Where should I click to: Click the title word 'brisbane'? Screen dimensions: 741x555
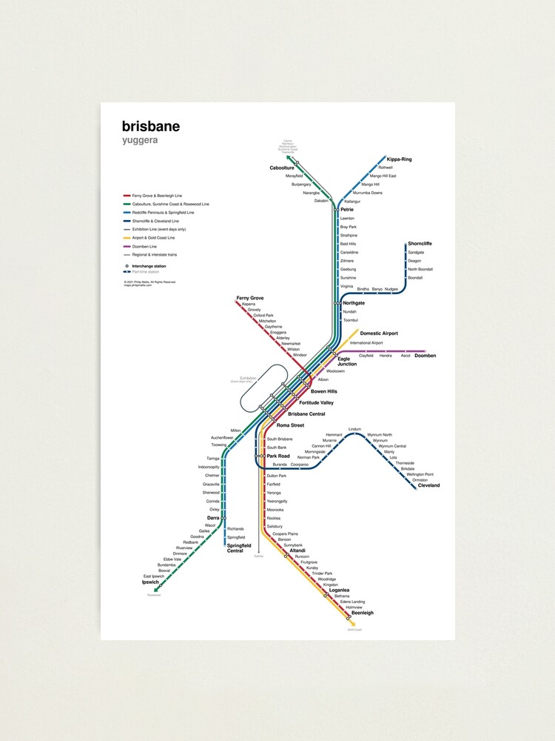coord(150,126)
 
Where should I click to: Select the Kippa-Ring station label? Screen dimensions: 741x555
coord(400,159)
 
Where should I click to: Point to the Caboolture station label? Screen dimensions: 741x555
coord(281,168)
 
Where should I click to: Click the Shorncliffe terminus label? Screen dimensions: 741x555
coord(420,244)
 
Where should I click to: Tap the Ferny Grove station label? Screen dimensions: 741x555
coord(250,298)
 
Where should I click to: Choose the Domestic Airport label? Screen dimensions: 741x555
coord(379,333)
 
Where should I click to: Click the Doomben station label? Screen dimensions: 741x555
coord(425,356)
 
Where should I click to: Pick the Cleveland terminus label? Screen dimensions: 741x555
coord(428,485)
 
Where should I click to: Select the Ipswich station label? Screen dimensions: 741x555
coord(150,582)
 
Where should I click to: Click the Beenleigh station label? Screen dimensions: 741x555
coord(362,613)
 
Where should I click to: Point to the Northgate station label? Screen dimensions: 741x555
coord(354,303)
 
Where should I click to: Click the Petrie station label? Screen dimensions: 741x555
coord(347,210)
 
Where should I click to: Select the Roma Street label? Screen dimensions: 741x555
coord(290,425)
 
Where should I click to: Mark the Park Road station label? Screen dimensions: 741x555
coord(277,456)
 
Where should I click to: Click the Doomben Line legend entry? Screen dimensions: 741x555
coord(144,246)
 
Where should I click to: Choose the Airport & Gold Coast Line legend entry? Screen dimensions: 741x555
coord(153,238)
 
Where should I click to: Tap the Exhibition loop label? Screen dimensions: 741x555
coord(248,379)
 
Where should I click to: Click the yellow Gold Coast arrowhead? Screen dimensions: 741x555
coord(352,623)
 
